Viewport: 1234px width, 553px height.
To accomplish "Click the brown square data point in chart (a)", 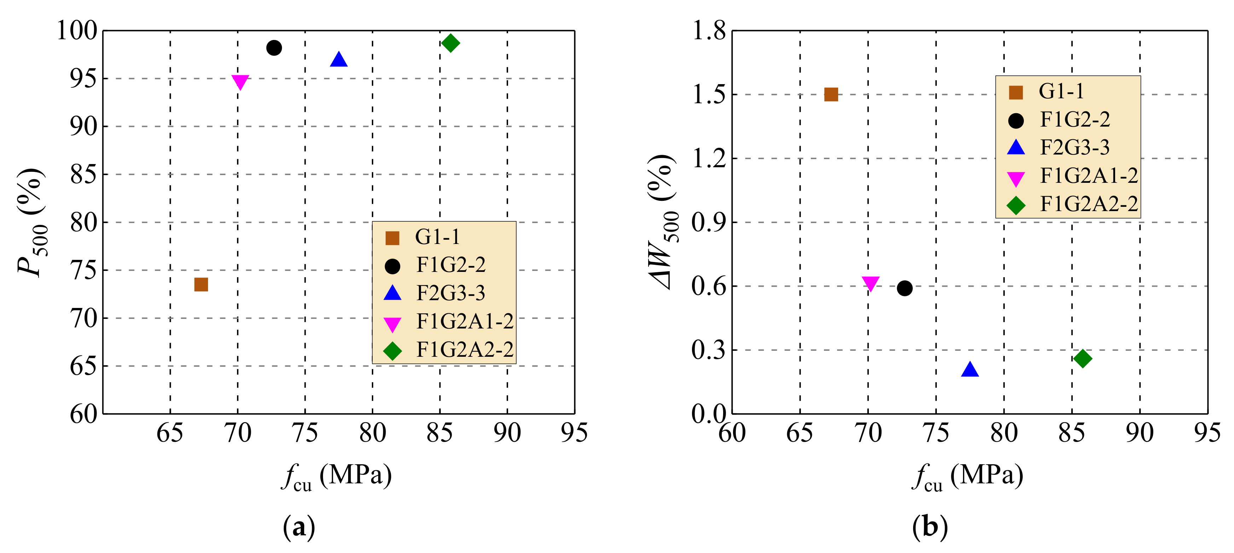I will coord(201,284).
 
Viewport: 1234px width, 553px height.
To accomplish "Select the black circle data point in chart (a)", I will coord(274,48).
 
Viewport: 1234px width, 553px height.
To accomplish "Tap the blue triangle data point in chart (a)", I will coord(339,60).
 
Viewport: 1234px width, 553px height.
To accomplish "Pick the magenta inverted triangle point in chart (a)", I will coord(240,82).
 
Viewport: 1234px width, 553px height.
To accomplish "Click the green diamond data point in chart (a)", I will coord(450,43).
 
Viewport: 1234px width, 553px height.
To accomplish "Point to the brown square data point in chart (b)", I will coord(831,94).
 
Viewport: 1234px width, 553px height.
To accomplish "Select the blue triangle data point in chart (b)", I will coord(970,369).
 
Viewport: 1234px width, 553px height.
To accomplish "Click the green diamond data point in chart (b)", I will coord(1083,358).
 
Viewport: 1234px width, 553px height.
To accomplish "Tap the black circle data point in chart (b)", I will coord(904,288).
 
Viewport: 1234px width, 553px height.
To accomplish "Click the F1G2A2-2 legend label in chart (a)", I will coord(465,350).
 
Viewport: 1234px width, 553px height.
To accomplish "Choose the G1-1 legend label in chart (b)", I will coord(1061,91).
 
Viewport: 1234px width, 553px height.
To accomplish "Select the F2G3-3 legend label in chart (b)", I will coord(1074,147).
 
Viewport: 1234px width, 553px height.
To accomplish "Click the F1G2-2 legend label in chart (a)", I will coord(451,265).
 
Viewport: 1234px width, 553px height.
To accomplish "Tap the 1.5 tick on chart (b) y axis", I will coord(709,95).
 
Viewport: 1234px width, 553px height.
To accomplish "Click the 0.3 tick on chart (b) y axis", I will coord(709,350).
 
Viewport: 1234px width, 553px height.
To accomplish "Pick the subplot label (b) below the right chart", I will coord(930,527).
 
